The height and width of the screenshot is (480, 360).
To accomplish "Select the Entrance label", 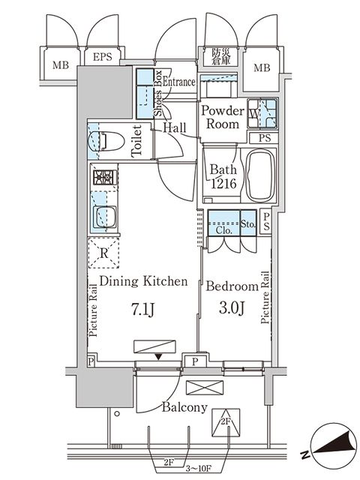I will point(180,82).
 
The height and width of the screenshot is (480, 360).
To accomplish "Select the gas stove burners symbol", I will point(102,178).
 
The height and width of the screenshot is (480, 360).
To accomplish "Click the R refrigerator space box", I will point(102,253).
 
